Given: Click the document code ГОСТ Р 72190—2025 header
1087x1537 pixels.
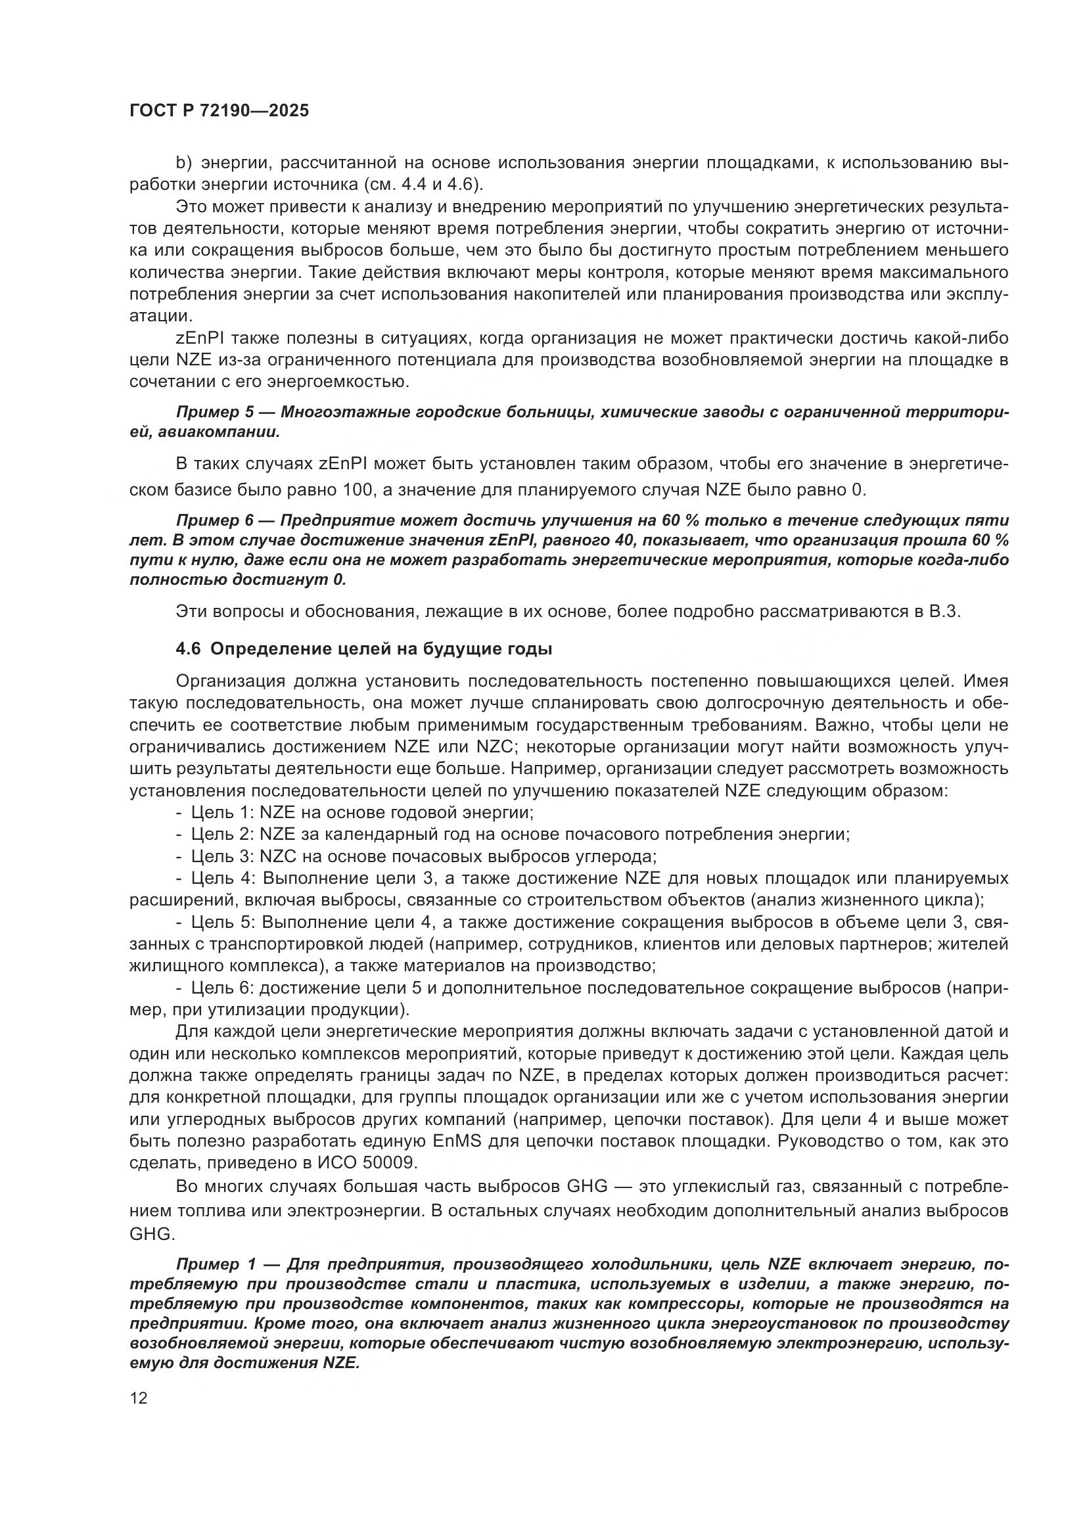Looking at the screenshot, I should [x=219, y=110].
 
